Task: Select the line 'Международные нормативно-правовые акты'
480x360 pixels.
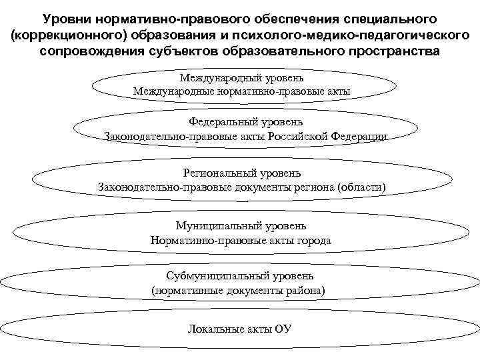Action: click(x=241, y=90)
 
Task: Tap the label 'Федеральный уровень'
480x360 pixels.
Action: click(x=246, y=122)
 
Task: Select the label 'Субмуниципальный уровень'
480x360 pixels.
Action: click(x=239, y=276)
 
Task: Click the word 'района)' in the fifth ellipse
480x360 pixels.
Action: click(x=305, y=290)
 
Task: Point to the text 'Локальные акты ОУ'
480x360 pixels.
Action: click(x=240, y=329)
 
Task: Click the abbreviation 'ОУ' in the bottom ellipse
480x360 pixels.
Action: click(x=283, y=329)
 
